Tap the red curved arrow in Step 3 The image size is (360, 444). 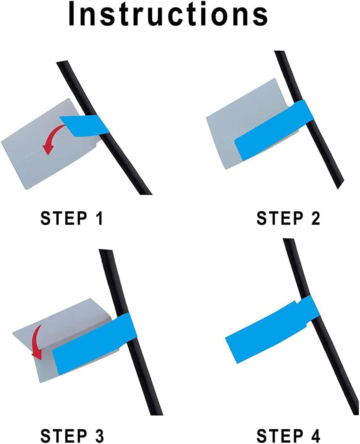[x=37, y=341]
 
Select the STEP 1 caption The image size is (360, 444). [x=72, y=219]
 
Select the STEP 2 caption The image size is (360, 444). [x=288, y=219]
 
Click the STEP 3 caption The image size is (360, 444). [x=72, y=436]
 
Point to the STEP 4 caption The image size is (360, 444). [x=288, y=436]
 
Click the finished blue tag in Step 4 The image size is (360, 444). [x=268, y=331]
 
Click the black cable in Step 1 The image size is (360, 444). [x=128, y=163]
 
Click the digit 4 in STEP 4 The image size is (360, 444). [x=315, y=436]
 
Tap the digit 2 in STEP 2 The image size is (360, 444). [x=315, y=219]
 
